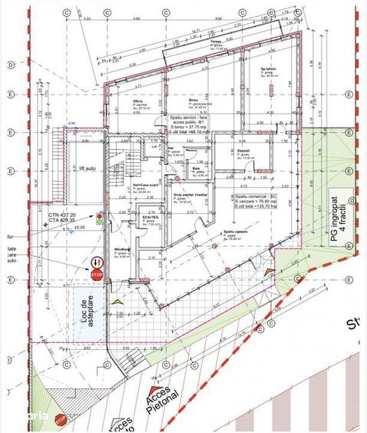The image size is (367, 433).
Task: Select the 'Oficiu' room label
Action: click(138, 102)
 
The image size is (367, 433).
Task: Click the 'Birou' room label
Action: click(193, 100)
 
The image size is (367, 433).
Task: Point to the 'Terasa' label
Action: click(216, 42)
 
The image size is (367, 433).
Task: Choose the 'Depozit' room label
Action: click(244, 151)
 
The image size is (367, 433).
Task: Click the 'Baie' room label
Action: click(197, 168)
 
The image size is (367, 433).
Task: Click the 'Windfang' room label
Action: click(121, 249)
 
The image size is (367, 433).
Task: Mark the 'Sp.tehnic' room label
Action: click(268, 68)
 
